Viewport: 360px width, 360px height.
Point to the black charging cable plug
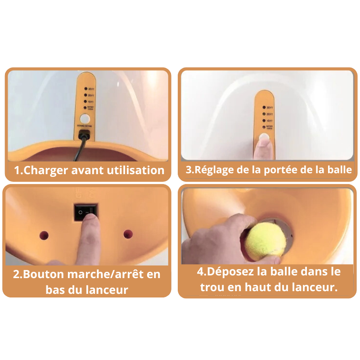tap(84, 135)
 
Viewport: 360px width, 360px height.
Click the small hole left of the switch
tap(44, 234)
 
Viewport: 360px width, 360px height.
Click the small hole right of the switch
tap(128, 234)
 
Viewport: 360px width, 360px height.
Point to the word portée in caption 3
tap(280, 170)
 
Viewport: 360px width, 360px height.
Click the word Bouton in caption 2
tap(44, 274)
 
